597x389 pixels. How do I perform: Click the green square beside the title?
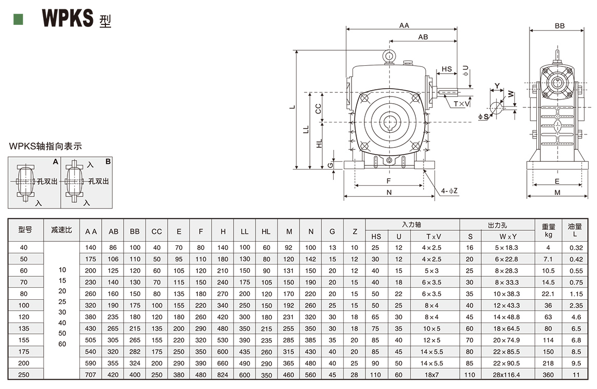click(18, 19)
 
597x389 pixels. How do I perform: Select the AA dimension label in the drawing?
click(404, 25)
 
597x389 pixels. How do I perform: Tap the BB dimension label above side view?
click(559, 26)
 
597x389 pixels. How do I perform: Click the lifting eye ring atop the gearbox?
click(388, 55)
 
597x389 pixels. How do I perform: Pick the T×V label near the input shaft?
click(462, 104)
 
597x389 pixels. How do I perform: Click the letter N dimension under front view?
click(389, 192)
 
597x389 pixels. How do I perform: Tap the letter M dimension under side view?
click(557, 192)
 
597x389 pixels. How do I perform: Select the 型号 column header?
click(25, 230)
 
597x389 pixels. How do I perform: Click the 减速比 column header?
click(62, 230)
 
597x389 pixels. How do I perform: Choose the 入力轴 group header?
click(412, 225)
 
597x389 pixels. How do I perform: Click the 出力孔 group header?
click(497, 225)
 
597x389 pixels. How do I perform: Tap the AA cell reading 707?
click(91, 374)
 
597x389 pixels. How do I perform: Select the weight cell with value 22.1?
click(548, 294)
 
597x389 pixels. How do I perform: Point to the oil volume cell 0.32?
click(576, 248)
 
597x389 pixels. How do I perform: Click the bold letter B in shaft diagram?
click(108, 162)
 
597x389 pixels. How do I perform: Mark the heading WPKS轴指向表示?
click(46, 147)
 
